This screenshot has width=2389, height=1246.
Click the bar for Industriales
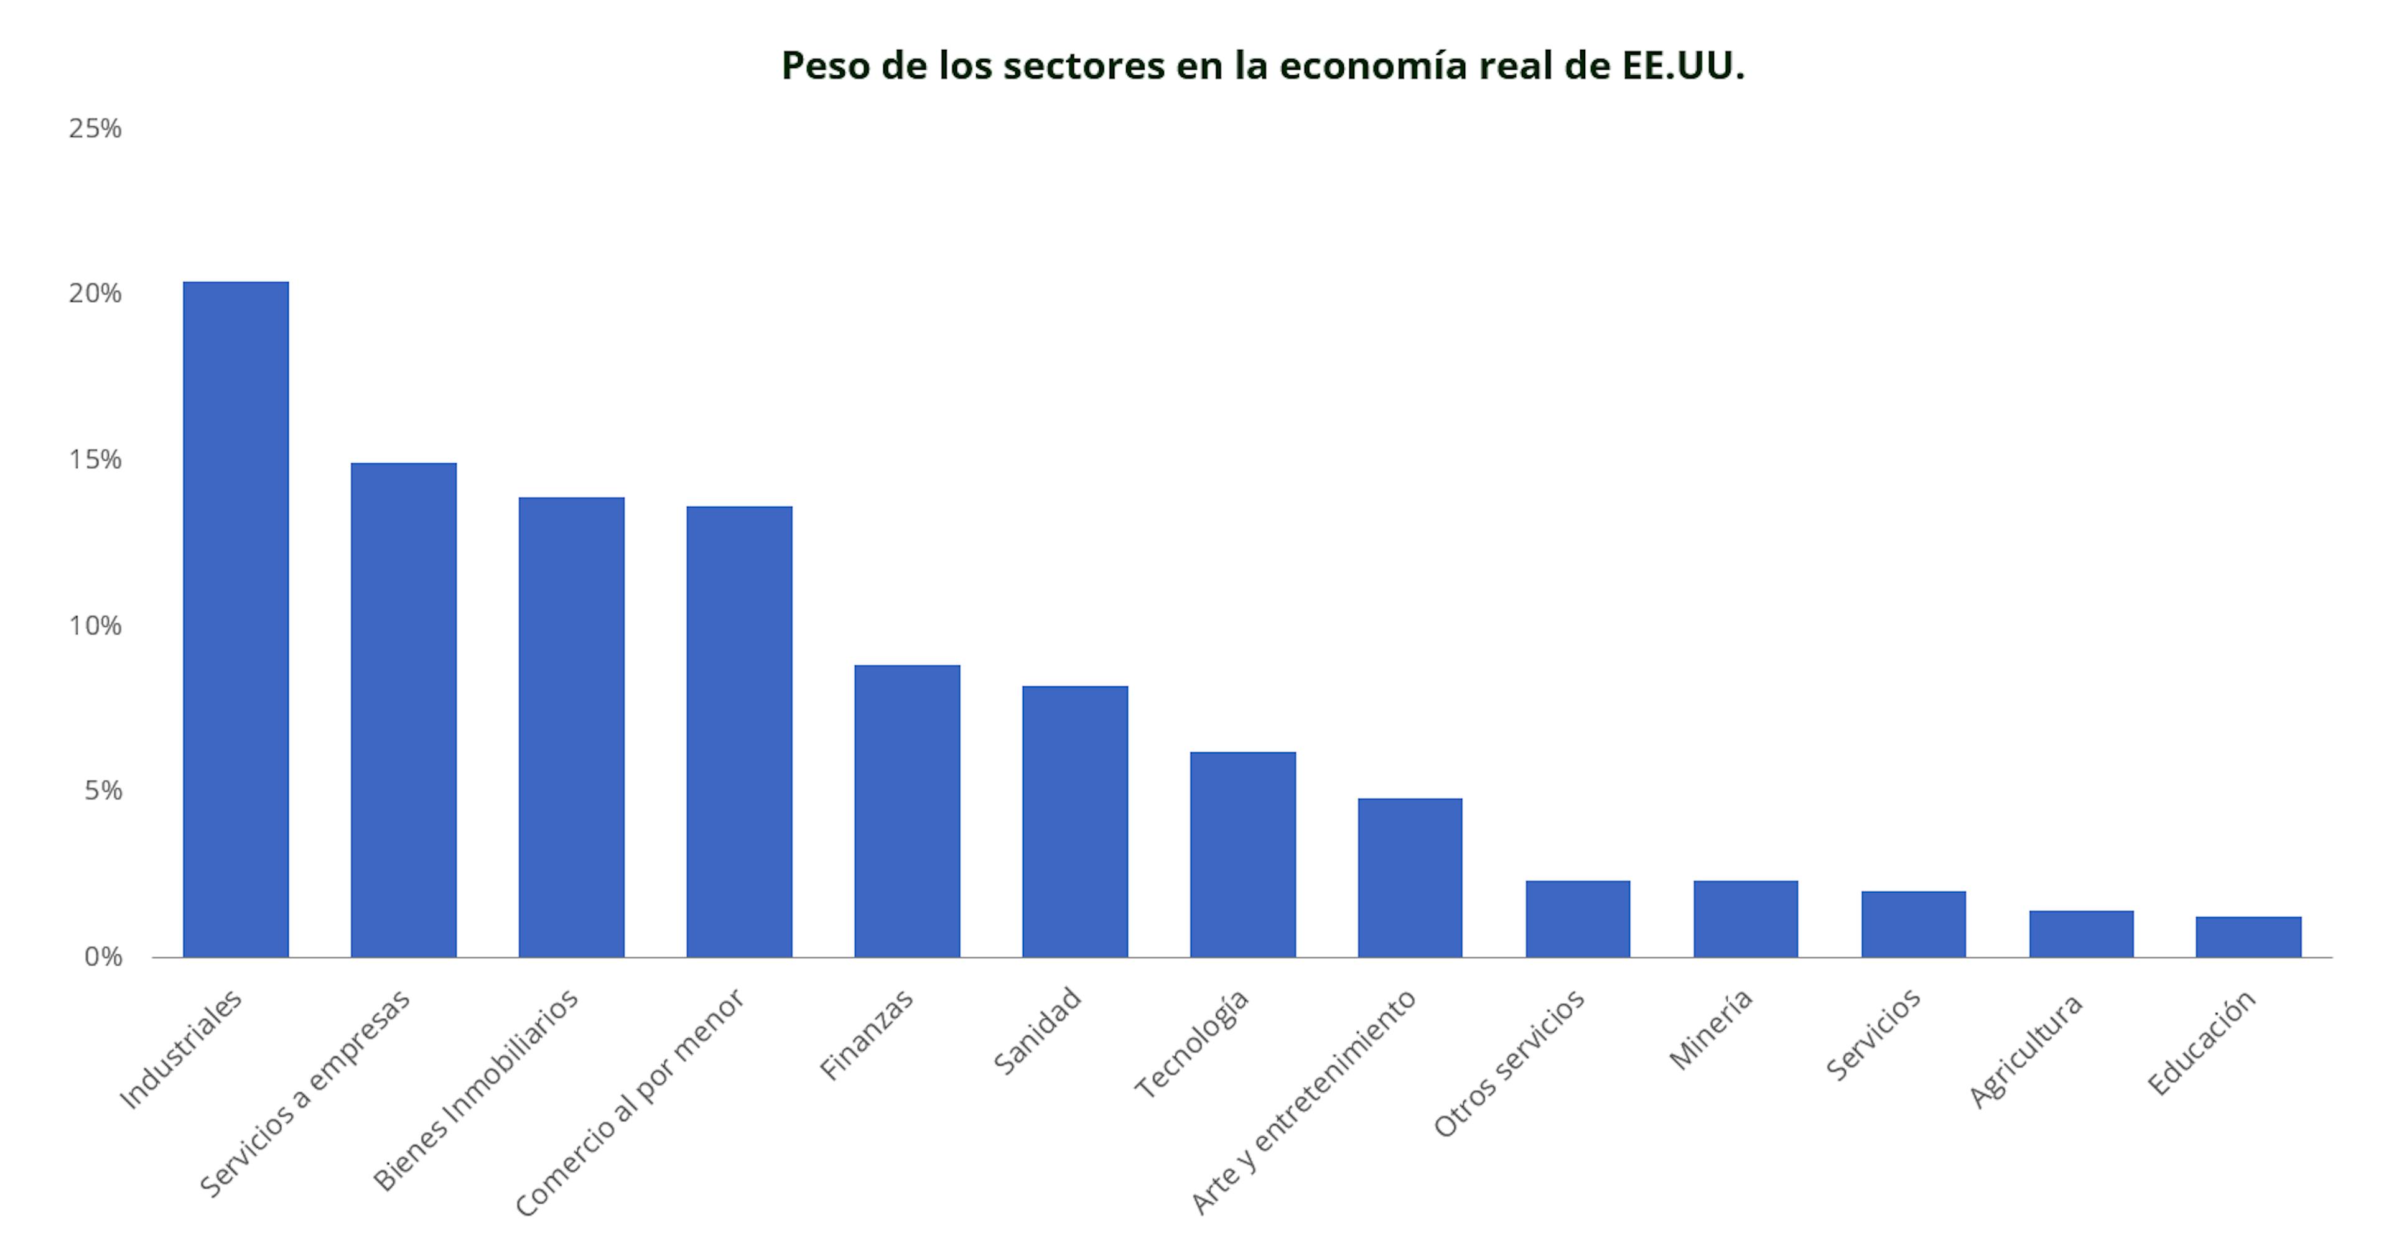click(x=236, y=619)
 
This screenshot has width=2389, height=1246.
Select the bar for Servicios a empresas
click(x=403, y=709)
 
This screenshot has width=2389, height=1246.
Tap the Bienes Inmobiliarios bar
click(x=571, y=727)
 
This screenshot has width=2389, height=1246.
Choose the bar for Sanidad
click(x=1075, y=821)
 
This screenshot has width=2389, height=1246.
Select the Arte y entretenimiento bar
click(x=1410, y=877)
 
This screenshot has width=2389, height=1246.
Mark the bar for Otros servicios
click(x=1578, y=919)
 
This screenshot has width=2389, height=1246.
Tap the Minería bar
click(x=1745, y=919)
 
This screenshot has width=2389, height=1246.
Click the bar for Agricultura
click(x=2081, y=934)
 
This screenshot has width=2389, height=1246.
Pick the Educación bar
click(x=2248, y=936)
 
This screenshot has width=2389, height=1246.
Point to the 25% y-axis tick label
click(x=95, y=129)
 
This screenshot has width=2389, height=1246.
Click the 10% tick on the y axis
click(x=95, y=625)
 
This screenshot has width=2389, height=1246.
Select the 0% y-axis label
click(x=103, y=957)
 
